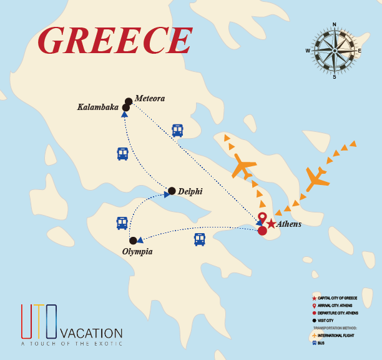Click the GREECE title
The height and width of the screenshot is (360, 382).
coord(114,41)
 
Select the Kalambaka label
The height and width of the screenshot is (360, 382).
coord(97,107)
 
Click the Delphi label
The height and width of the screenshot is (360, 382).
coord(190,191)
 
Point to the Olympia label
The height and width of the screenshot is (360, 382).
coord(137,251)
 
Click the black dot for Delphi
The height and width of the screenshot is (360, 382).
coord(172,191)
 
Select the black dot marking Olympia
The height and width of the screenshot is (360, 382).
coord(133,241)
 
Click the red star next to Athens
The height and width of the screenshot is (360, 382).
coord(271,224)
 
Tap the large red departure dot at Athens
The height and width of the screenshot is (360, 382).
coord(262,231)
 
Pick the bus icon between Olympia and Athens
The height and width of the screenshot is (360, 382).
coord(199,239)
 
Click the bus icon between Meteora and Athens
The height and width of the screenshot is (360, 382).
coord(178,130)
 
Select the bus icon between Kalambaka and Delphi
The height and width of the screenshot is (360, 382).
coord(122,153)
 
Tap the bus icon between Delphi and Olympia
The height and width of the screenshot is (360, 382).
coord(122,223)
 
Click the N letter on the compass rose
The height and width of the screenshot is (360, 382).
coord(335,25)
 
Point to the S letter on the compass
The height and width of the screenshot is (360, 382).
coord(335,77)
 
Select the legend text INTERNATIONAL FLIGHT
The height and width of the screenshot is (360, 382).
coord(339,336)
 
